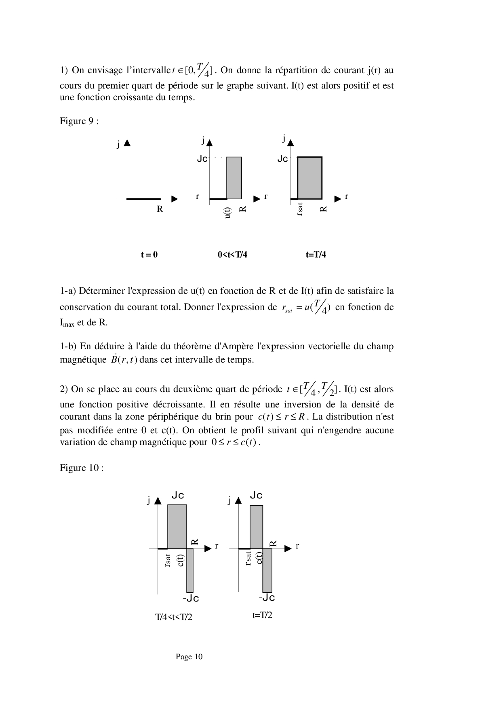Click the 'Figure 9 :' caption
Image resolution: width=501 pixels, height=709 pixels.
(79, 121)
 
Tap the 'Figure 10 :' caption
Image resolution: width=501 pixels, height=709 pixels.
(82, 468)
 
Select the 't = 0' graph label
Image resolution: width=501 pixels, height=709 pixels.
(149, 255)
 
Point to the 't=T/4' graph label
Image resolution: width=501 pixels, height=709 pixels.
(316, 255)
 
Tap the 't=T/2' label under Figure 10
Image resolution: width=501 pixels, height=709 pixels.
(262, 615)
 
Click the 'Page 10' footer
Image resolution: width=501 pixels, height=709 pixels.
(189, 657)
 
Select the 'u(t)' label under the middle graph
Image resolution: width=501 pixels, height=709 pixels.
(227, 213)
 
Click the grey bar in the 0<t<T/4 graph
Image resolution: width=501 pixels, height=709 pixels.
(234, 178)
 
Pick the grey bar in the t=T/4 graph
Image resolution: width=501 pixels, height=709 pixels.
(310, 178)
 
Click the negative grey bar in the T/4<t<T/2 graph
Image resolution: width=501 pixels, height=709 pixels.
(190, 570)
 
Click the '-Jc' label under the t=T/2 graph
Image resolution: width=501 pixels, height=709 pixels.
(267, 597)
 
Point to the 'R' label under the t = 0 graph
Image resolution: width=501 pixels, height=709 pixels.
(160, 209)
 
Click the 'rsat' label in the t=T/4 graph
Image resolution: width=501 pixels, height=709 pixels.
(299, 209)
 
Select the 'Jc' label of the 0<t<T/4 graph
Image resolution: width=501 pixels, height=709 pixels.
(202, 159)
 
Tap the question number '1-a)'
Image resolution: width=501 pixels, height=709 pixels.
(68, 291)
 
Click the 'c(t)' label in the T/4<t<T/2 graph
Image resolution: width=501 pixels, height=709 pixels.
(181, 560)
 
